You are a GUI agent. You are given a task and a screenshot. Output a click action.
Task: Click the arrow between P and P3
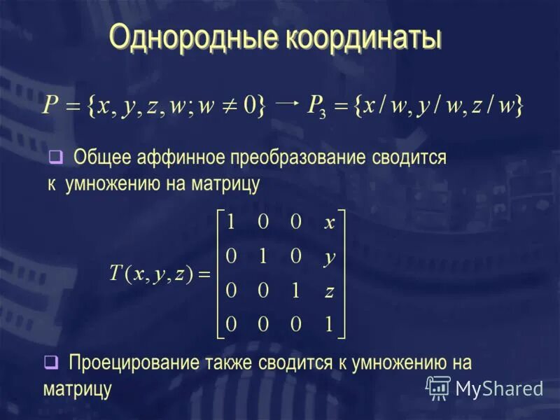(x=287, y=101)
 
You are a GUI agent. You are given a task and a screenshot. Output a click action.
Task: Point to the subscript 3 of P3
(x=323, y=113)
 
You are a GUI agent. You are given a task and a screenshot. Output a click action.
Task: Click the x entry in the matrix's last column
(x=330, y=223)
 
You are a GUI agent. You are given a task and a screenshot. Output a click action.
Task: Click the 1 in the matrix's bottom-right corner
(x=329, y=324)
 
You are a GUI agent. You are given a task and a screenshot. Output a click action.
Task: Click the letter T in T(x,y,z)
(x=116, y=274)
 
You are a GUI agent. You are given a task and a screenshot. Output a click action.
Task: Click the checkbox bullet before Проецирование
(x=50, y=363)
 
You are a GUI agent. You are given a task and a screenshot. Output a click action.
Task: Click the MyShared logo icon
(x=439, y=387)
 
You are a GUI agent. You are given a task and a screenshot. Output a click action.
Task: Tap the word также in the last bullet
(x=232, y=363)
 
